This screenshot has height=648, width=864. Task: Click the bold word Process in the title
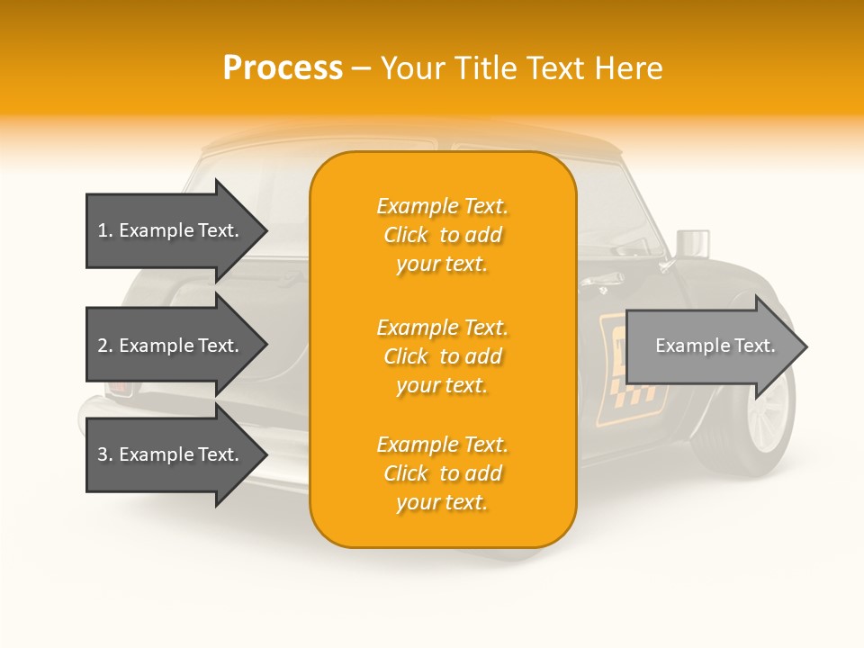283,68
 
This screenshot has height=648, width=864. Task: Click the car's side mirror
690,244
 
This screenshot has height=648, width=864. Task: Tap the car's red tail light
120,388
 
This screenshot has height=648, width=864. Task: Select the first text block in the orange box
442,235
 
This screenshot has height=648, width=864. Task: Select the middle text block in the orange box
442,356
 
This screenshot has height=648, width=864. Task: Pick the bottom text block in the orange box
442,473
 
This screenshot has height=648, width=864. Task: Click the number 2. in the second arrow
105,346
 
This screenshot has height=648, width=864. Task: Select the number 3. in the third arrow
105,454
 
